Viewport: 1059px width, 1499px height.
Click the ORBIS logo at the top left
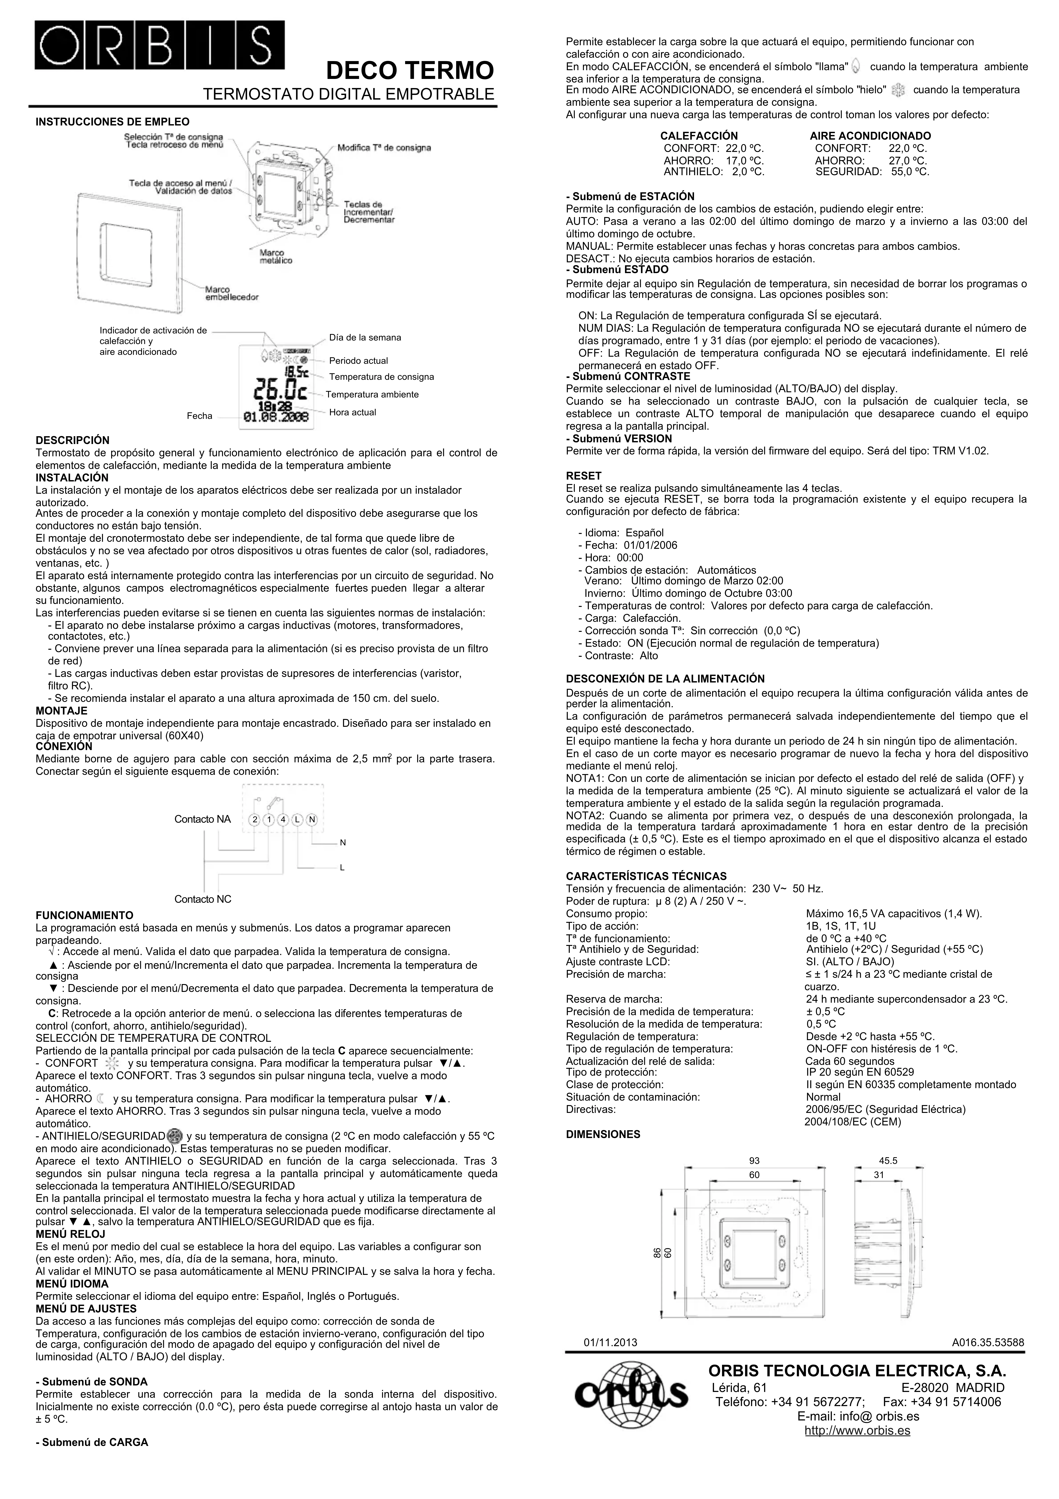pyautogui.click(x=160, y=44)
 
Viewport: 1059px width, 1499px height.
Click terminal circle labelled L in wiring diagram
pyautogui.click(x=298, y=819)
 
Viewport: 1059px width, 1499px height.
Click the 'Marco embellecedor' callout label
pyautogui.click(x=232, y=293)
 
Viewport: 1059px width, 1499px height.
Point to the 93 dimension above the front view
pyautogui.click(x=754, y=1161)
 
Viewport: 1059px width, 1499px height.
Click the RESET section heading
pyautogui.click(x=584, y=476)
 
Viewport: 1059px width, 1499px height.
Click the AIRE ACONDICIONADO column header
pyautogui.click(x=870, y=136)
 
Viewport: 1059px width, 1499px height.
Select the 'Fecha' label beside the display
pyautogui.click(x=200, y=416)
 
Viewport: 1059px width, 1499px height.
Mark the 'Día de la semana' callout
pyautogui.click(x=365, y=338)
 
